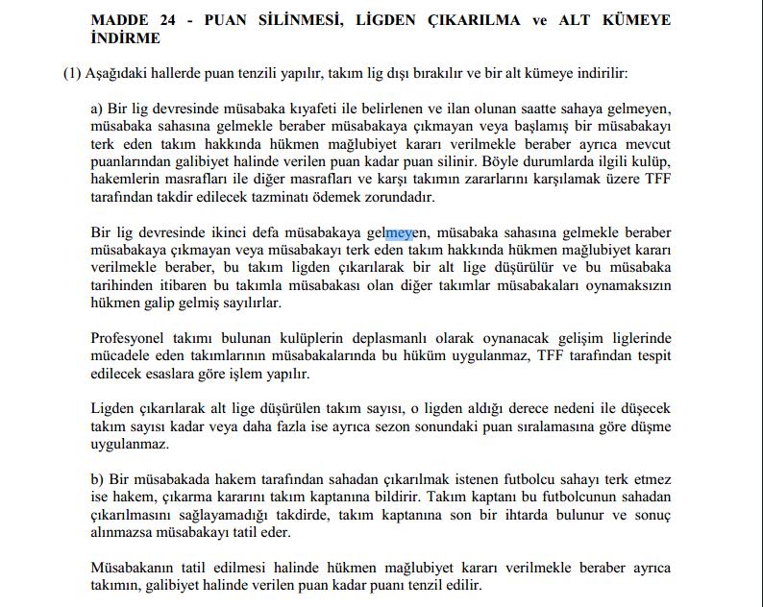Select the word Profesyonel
128,339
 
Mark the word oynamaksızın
628,285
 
